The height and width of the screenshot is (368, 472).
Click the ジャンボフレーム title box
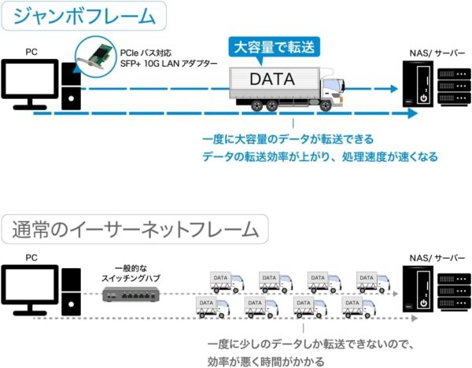click(83, 16)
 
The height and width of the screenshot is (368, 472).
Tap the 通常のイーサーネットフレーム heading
click(135, 230)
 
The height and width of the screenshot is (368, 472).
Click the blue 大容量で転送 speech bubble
click(274, 49)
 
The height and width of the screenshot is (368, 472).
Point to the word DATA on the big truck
click(272, 79)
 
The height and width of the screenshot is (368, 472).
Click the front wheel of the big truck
click(326, 105)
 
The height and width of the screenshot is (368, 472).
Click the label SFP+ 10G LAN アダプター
click(168, 64)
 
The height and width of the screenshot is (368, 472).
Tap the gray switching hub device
click(131, 294)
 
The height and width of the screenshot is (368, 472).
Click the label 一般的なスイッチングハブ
click(131, 274)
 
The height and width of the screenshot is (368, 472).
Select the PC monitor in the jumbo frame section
click(30, 84)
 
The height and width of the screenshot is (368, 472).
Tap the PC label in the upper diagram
click(31, 52)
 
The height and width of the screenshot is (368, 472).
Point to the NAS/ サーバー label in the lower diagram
click(437, 258)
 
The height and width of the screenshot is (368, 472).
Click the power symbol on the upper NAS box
click(424, 98)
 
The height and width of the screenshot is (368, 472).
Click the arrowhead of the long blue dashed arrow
click(413, 113)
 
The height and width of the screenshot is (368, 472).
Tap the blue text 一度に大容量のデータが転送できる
click(288, 139)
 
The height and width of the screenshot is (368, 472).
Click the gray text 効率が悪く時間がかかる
click(266, 362)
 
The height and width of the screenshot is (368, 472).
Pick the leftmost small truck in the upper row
click(227, 282)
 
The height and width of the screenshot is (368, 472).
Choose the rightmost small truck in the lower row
click(359, 307)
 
